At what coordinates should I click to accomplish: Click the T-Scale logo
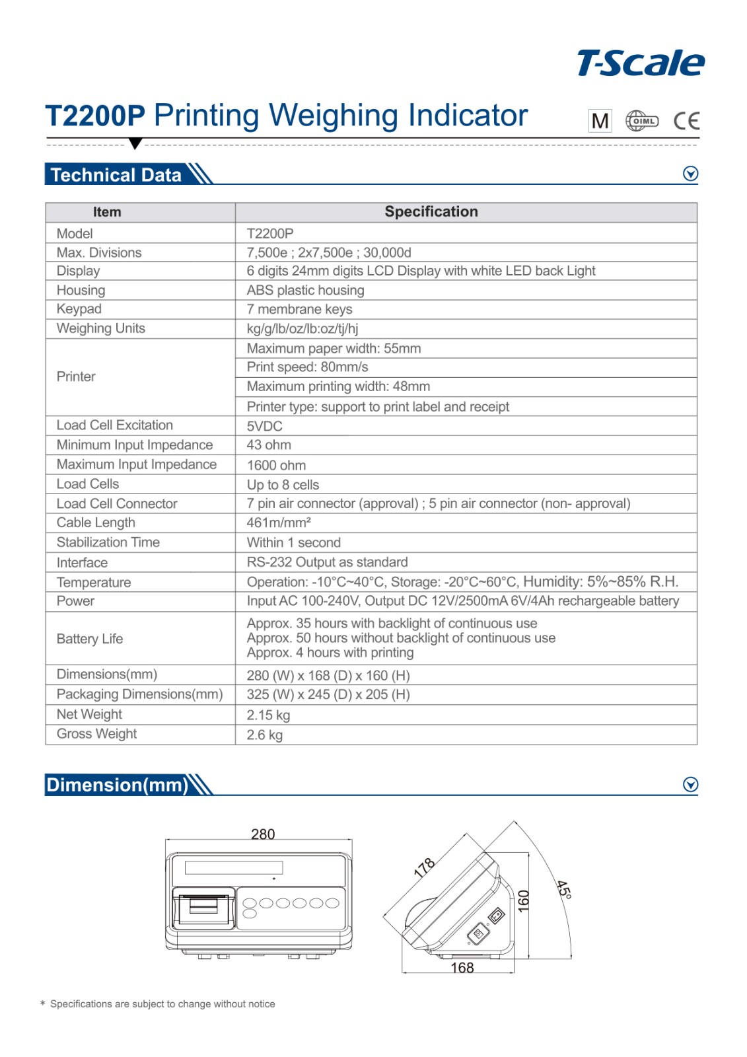(x=640, y=63)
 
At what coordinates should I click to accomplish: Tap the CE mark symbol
(x=686, y=121)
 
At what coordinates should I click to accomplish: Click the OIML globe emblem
(x=641, y=121)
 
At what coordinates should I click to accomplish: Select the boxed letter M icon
(x=600, y=121)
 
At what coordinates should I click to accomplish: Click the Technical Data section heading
(x=116, y=175)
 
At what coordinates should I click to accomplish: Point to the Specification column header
(x=431, y=212)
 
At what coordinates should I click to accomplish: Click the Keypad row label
(x=79, y=309)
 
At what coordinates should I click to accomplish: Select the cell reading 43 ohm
(x=269, y=445)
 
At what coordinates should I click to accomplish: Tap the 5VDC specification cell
(x=265, y=426)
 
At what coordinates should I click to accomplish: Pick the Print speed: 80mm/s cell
(x=307, y=367)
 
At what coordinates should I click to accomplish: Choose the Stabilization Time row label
(x=108, y=542)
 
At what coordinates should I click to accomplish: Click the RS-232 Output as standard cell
(x=327, y=562)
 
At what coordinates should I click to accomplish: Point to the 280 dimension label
(x=263, y=834)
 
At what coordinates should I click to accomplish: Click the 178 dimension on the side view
(x=424, y=867)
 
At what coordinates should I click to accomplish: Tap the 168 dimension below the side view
(x=462, y=968)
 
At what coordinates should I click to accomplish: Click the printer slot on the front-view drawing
(x=203, y=906)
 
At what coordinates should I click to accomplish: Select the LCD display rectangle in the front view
(x=234, y=868)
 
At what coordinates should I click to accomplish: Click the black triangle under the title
(x=135, y=143)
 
